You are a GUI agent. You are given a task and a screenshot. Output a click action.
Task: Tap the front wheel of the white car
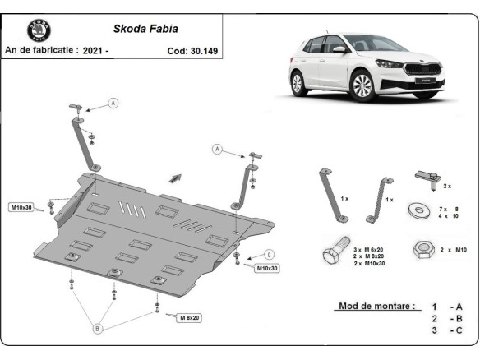pyautogui.click(x=362, y=86)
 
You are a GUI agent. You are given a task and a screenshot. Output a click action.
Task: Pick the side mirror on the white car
pyautogui.click(x=339, y=49)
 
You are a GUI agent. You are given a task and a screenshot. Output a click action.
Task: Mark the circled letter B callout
pyautogui.click(x=97, y=329)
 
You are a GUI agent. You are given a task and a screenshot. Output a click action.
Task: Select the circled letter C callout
pyautogui.click(x=269, y=253)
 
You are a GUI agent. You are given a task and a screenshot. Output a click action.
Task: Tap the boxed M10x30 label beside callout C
pyautogui.click(x=265, y=268)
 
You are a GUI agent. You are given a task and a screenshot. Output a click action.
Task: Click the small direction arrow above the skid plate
pyautogui.click(x=175, y=177)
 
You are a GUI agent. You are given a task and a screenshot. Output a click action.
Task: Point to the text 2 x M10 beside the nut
pyautogui.click(x=452, y=247)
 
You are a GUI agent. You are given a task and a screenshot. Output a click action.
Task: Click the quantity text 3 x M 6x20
pyautogui.click(x=369, y=247)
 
